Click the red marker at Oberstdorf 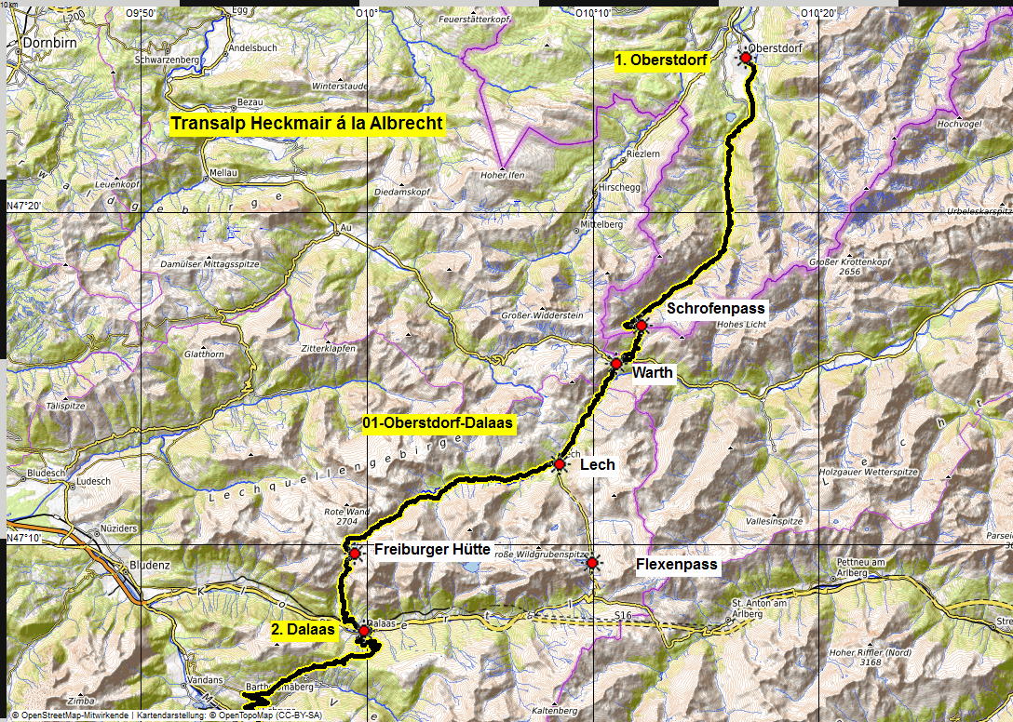click(746, 58)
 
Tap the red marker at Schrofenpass click(642, 325)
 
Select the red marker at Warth click(615, 363)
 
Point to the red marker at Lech click(559, 463)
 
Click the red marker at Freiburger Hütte click(355, 554)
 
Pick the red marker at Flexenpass click(591, 562)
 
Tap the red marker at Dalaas click(364, 631)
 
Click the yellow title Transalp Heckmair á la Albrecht click(307, 124)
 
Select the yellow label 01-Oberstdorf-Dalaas click(438, 423)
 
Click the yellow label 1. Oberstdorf click(662, 61)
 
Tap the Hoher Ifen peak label click(504, 174)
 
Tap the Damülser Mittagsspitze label click(216, 265)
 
